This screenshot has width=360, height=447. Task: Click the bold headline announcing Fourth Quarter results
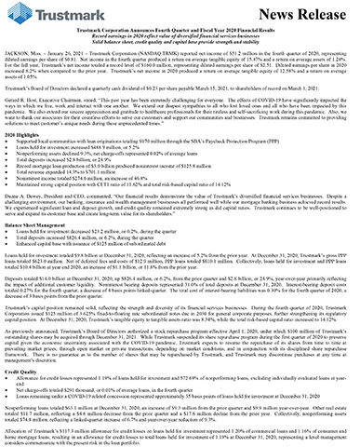[180, 40]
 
